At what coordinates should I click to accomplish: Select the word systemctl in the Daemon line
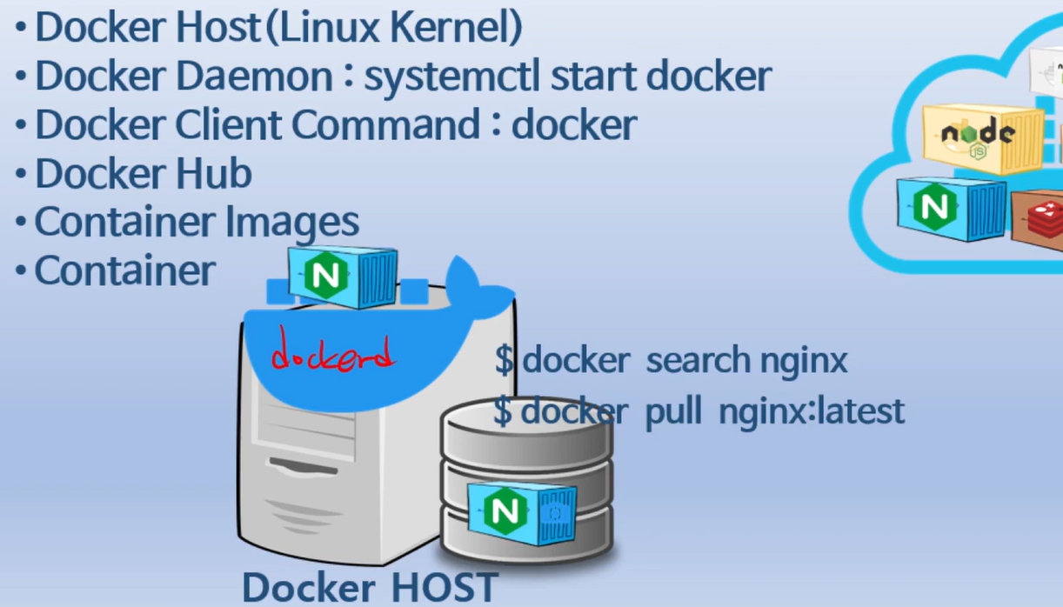click(451, 77)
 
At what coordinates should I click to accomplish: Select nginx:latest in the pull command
click(812, 410)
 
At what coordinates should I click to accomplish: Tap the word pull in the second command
click(672, 411)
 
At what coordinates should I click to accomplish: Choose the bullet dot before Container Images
click(20, 223)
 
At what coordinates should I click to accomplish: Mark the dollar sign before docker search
click(504, 359)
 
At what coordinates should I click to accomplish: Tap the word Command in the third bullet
click(384, 125)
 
